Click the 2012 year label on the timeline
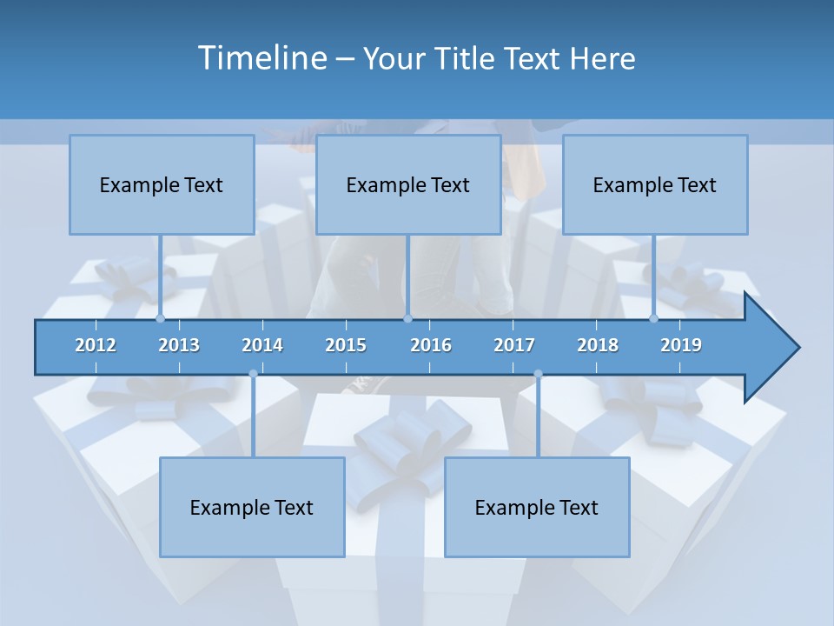pyautogui.click(x=96, y=345)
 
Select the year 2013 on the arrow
pyautogui.click(x=179, y=345)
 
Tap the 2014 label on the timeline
pyautogui.click(x=262, y=345)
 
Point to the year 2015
pyautogui.click(x=346, y=345)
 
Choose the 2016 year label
pyautogui.click(x=431, y=345)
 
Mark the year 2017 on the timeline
pyautogui.click(x=514, y=345)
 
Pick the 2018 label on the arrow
pyautogui.click(x=598, y=345)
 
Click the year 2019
pyautogui.click(x=681, y=345)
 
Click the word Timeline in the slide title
pyautogui.click(x=261, y=58)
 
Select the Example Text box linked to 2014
pyautogui.click(x=252, y=507)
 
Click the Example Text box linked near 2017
pyautogui.click(x=537, y=507)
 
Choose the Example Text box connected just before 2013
pyautogui.click(x=162, y=184)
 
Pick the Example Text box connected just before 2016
pyautogui.click(x=408, y=184)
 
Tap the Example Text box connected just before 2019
pyautogui.click(x=655, y=184)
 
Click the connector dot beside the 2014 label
pyautogui.click(x=253, y=374)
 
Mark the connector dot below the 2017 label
pyautogui.click(x=538, y=374)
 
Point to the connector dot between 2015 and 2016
pyautogui.click(x=407, y=319)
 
